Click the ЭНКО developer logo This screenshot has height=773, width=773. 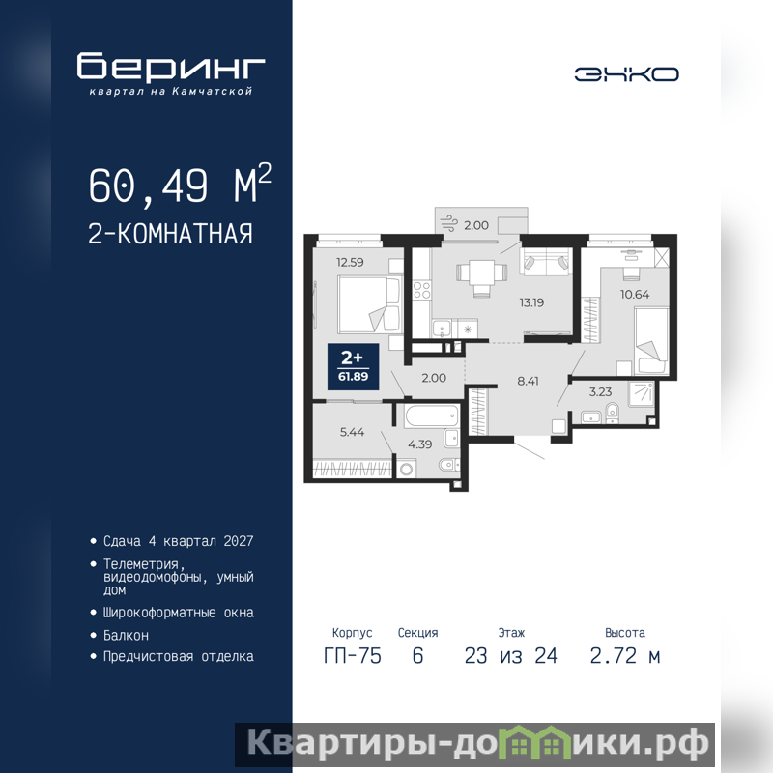pos(626,74)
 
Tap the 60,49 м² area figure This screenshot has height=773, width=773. pos(180,184)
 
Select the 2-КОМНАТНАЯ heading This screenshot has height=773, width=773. pos(170,234)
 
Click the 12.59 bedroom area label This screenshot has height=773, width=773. pos(350,262)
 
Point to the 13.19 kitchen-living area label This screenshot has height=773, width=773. pos(531,302)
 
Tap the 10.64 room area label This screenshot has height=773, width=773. pos(635,295)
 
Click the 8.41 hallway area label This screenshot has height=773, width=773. pos(528,381)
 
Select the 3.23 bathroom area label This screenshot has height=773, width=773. pos(600,392)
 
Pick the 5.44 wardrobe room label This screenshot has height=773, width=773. pos(352,432)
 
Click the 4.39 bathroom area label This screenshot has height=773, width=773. pos(419,444)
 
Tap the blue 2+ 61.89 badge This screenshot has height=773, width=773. pos(354,367)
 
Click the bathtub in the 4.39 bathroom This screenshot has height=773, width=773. pos(432,416)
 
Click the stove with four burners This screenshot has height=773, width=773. pos(421,289)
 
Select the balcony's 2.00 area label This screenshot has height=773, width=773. pos(475,225)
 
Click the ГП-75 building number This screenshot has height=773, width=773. pos(353,656)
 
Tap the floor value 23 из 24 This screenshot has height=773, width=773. pos(511,656)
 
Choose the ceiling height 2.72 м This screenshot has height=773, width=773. pos(624,656)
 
